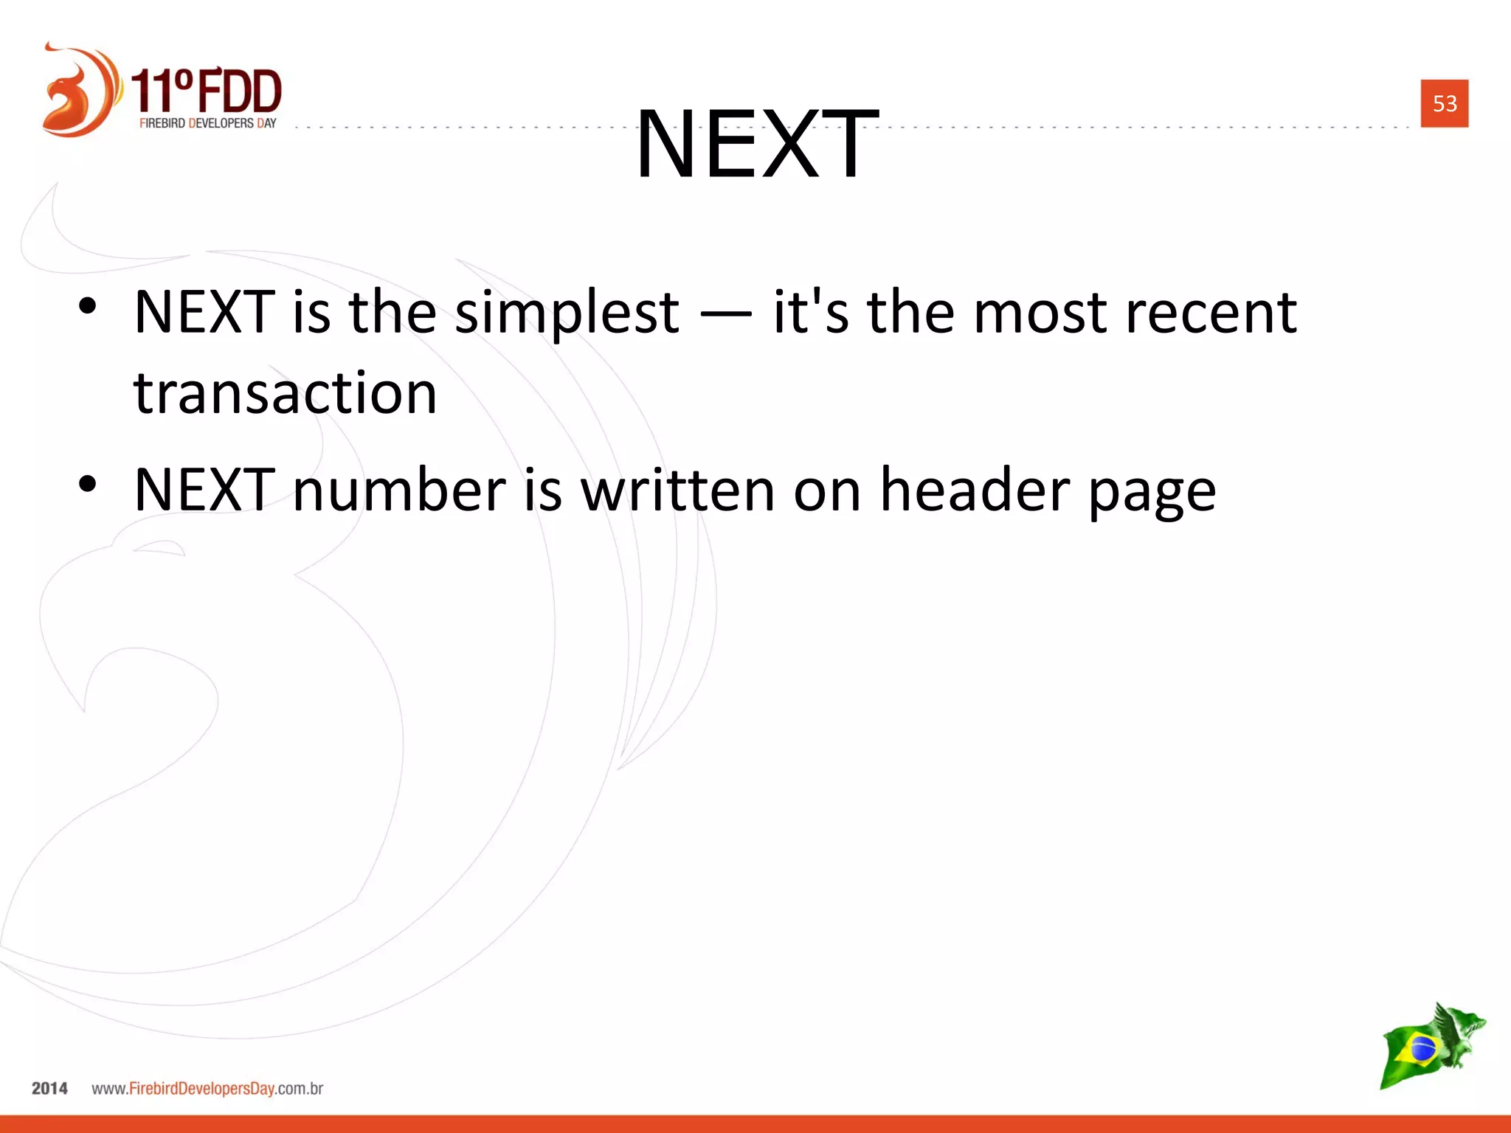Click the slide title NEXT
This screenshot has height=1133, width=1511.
click(757, 143)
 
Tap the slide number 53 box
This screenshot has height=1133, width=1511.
click(1444, 103)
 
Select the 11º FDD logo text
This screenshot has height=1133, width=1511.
click(207, 90)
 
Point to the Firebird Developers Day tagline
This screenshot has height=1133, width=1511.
click(207, 123)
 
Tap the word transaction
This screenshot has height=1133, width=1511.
click(285, 392)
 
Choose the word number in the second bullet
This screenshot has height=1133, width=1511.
click(399, 490)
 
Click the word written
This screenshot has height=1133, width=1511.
click(677, 490)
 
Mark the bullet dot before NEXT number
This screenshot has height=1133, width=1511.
click(87, 484)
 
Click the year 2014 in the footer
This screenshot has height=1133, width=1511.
click(49, 1088)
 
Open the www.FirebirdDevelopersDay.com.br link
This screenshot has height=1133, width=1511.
click(207, 1089)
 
